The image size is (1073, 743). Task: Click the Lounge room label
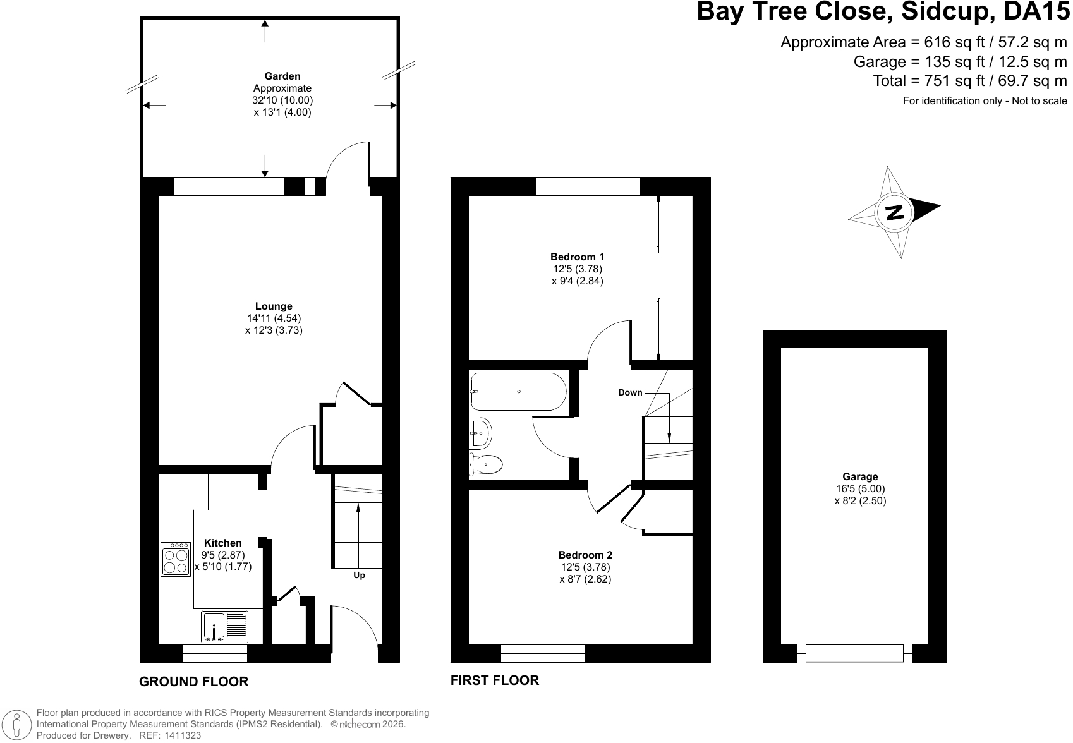274,306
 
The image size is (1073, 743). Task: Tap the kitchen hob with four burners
176,559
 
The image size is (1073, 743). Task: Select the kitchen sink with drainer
225,627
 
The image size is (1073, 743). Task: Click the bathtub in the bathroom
519,391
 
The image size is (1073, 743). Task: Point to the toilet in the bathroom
486,464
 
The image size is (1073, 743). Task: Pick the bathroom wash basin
480,433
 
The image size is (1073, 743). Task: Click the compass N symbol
894,212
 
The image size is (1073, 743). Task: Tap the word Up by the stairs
360,576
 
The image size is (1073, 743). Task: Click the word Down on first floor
630,392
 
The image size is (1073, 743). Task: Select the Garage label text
860,476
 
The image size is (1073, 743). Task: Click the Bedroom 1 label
577,257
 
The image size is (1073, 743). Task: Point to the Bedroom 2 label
585,555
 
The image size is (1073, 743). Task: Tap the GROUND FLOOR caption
193,681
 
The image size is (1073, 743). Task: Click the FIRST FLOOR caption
495,680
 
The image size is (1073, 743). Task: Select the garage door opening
854,653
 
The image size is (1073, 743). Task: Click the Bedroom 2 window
543,653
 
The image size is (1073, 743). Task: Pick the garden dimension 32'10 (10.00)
282,100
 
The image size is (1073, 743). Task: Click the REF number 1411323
183,735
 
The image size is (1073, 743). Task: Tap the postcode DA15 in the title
1036,11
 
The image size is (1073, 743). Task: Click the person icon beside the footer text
17,724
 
